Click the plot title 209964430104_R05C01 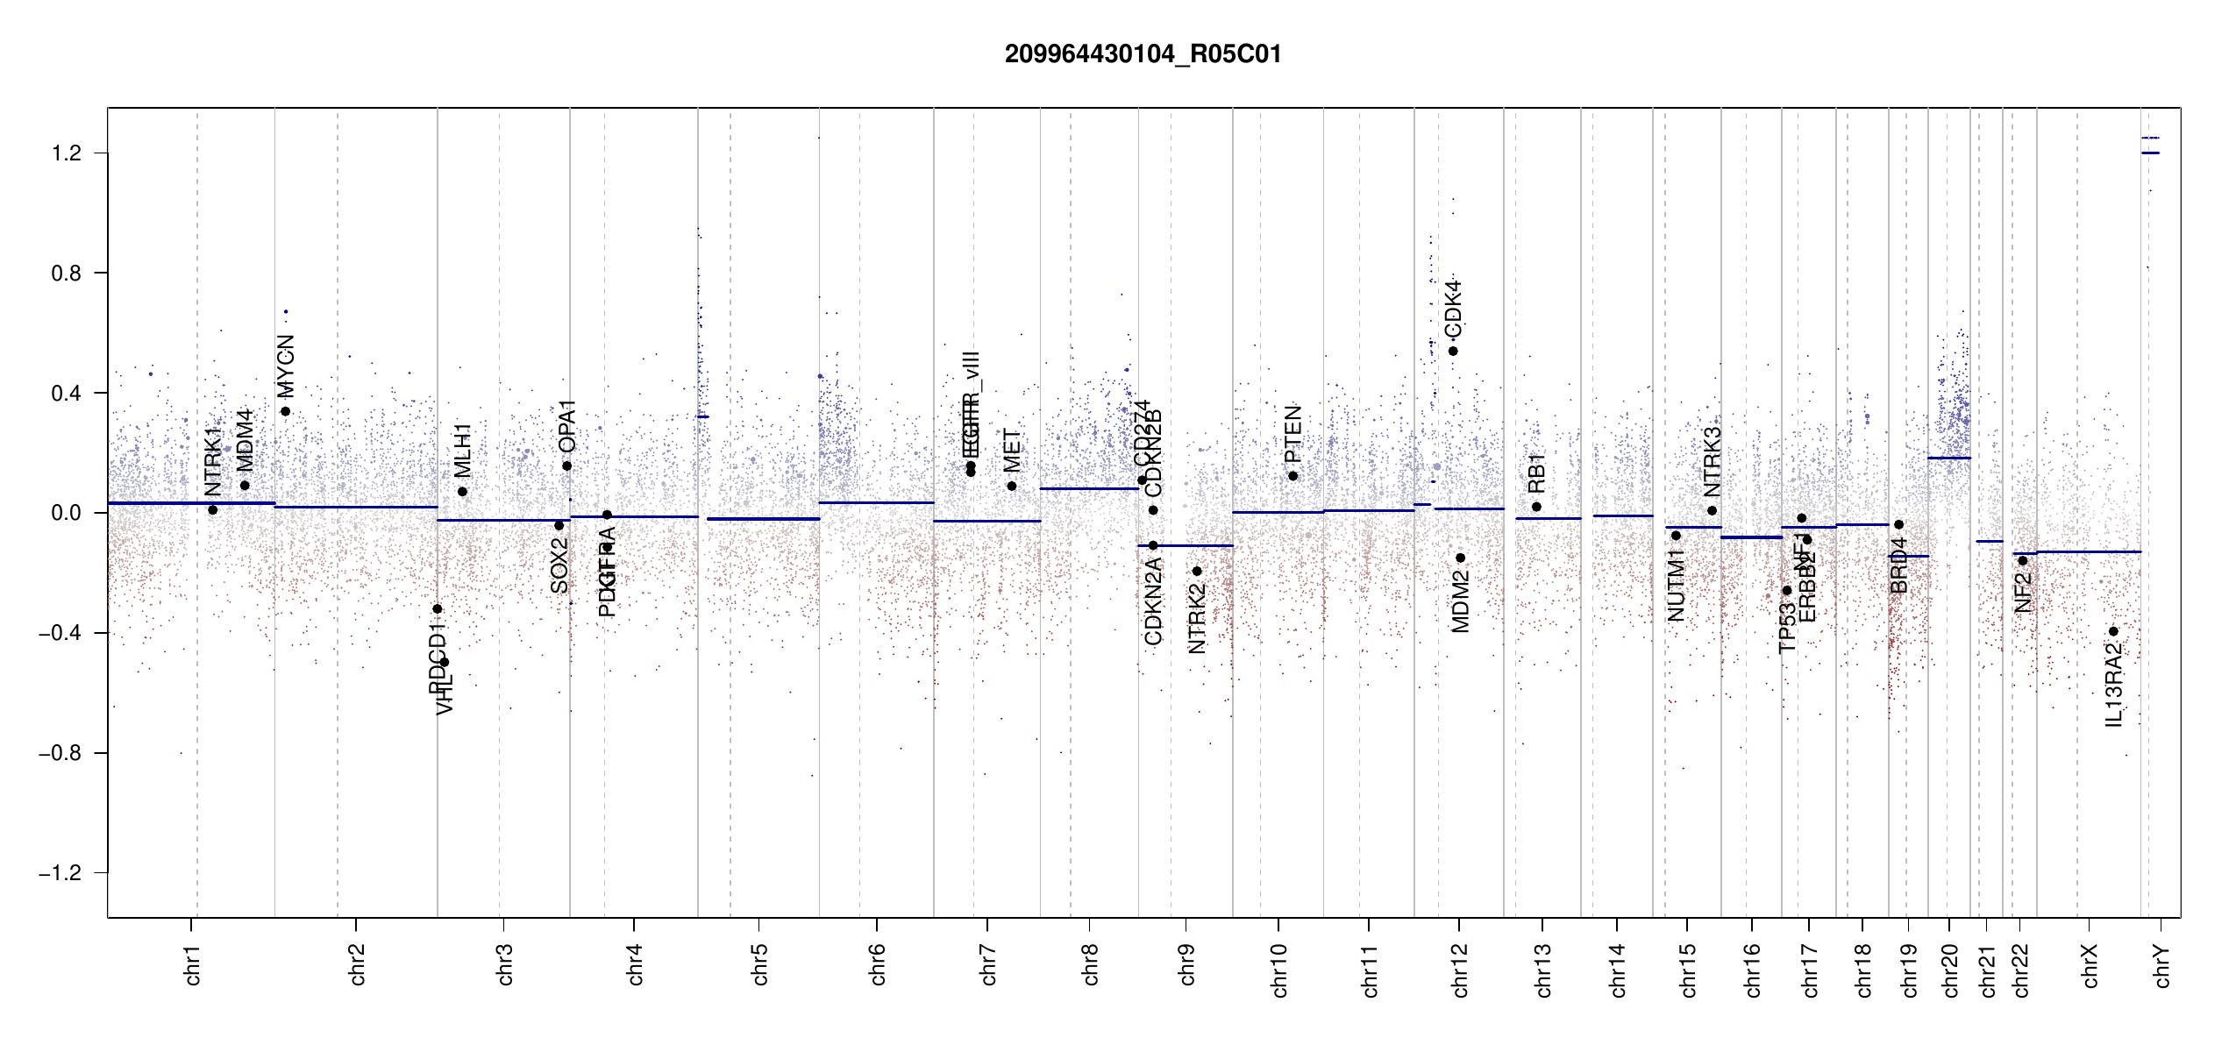[1143, 54]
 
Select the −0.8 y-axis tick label [60, 753]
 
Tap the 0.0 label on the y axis [66, 513]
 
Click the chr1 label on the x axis [193, 964]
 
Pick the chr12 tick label [1460, 970]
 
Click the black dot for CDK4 [1453, 352]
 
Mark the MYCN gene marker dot [285, 411]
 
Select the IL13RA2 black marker [2113, 631]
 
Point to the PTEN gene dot [1292, 476]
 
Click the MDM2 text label [1460, 601]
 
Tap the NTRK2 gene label [1197, 619]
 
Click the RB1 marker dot [1536, 507]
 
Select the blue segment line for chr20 [1948, 458]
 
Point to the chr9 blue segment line [1186, 545]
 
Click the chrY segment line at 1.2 [2150, 153]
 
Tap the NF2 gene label [2023, 593]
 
